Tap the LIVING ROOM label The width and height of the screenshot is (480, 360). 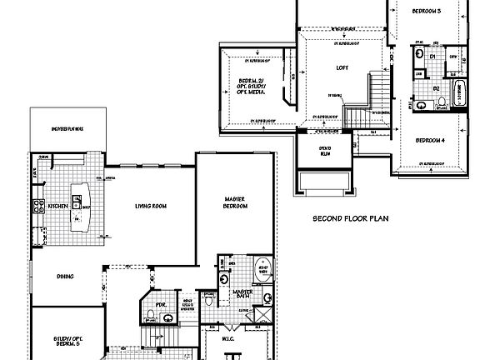coord(151,206)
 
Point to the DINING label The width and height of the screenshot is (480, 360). coord(66,277)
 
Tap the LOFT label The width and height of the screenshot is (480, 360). coord(342,67)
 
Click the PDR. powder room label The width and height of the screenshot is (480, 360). coord(161,305)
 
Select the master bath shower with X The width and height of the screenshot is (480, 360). coord(262,314)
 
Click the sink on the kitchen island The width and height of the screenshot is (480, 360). coord(77,201)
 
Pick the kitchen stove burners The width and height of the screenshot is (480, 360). coord(37,205)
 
